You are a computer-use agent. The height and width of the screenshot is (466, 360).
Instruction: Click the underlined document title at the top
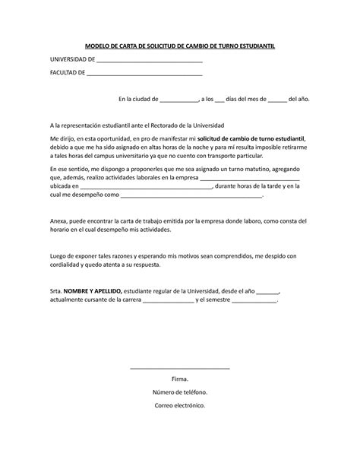coord(179,46)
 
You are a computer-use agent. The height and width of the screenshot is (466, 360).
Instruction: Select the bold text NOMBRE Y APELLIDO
coord(93,291)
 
